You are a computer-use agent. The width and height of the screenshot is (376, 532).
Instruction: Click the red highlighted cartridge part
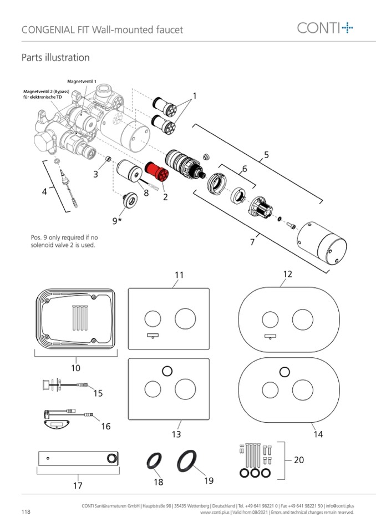157,171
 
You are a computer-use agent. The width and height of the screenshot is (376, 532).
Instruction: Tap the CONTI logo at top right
325,28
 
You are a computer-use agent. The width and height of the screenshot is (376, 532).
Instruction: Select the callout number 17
78,485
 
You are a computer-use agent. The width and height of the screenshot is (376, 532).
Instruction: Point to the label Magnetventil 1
82,82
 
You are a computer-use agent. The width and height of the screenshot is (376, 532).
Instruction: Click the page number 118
26,511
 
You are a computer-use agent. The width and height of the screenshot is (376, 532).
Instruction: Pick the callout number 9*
116,221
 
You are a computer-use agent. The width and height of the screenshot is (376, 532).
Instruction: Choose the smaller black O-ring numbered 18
154,462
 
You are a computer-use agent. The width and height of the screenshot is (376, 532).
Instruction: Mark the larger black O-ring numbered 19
187,461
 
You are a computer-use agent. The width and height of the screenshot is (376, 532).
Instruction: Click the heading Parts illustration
55,57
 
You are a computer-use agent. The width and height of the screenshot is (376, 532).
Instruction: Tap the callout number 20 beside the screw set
299,460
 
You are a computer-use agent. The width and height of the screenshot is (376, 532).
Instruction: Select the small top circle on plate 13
167,371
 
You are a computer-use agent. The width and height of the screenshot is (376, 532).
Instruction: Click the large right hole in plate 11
185,318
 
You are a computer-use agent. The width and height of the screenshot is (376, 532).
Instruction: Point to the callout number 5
266,155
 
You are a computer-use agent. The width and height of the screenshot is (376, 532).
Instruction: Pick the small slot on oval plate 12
270,337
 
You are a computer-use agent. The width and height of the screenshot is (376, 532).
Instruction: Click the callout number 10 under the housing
75,368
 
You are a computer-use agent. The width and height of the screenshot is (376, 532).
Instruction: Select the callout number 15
98,393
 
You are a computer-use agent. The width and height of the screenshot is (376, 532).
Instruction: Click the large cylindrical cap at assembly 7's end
322,243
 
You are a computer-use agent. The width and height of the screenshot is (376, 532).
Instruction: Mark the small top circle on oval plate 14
285,372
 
